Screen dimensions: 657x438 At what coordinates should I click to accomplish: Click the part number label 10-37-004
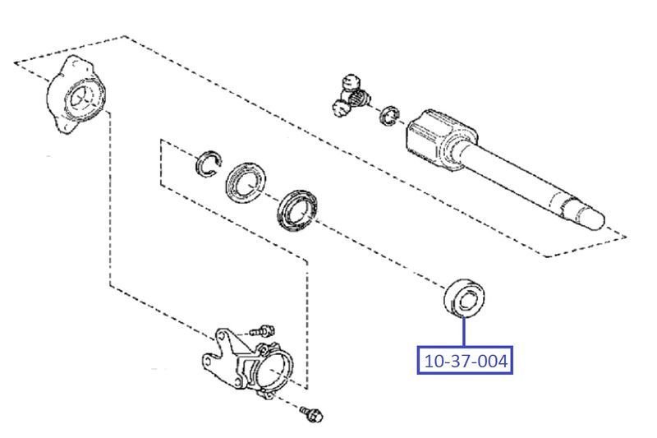(x=465, y=361)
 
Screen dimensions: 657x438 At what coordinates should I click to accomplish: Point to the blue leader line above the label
(x=464, y=332)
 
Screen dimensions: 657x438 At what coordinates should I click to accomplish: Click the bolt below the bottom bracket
(x=311, y=413)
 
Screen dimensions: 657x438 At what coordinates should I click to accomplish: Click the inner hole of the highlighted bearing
(x=466, y=301)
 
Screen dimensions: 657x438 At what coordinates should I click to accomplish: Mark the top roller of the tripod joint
(x=351, y=81)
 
